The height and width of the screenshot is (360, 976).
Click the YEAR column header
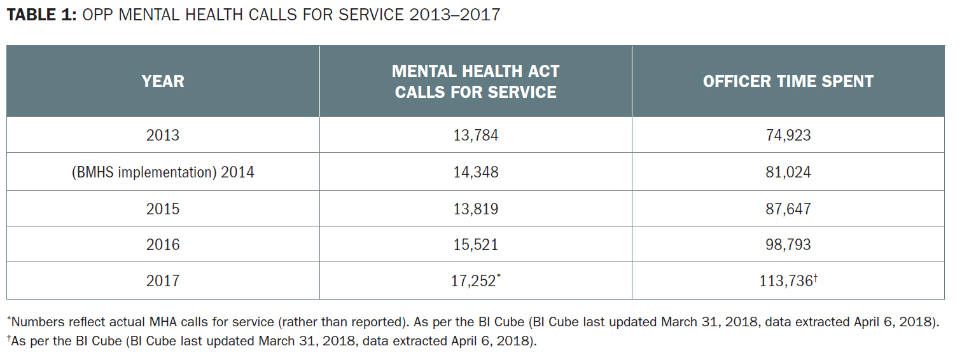163,81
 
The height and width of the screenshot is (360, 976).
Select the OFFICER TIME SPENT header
788,81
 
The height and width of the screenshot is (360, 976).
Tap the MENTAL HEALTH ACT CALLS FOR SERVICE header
475,81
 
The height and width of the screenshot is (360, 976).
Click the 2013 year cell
163,135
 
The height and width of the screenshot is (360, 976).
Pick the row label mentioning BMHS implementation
163,172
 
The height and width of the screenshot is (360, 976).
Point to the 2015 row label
163,209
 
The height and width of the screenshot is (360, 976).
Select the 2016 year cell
163,245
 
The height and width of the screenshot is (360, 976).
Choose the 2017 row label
163,280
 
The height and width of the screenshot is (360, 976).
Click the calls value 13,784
475,135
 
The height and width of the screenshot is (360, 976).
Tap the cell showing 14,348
475,172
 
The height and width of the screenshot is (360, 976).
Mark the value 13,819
475,209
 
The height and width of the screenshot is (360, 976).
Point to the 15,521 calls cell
475,245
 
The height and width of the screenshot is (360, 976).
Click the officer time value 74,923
788,135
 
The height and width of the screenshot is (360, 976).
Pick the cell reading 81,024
788,172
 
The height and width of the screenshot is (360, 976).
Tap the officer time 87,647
788,209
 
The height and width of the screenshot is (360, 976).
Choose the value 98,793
788,245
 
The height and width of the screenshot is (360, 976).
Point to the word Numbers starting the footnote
35,322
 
